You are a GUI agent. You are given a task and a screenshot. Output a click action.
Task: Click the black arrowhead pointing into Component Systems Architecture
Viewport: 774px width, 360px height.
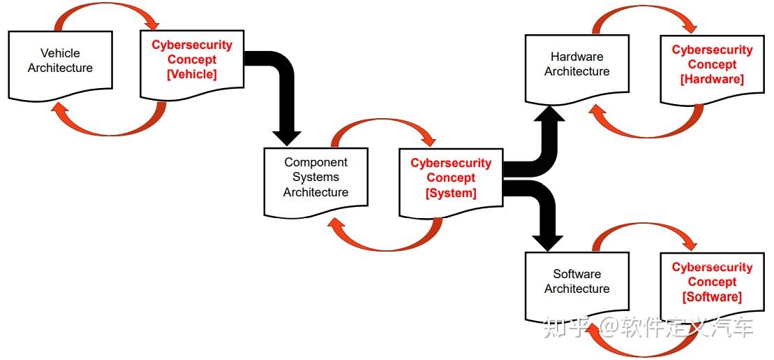[x=286, y=136]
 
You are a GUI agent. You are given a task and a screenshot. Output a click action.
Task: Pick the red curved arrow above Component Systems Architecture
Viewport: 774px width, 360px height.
[x=380, y=126]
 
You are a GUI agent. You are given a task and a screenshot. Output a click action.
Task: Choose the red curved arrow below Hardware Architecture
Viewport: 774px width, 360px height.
[x=642, y=129]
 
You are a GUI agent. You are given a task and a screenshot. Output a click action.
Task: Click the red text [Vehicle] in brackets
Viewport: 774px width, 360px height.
[x=192, y=75]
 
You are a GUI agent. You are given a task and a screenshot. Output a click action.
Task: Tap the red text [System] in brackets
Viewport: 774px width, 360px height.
[x=451, y=193]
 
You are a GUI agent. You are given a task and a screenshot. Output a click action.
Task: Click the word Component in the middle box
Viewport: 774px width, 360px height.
[x=315, y=162]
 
